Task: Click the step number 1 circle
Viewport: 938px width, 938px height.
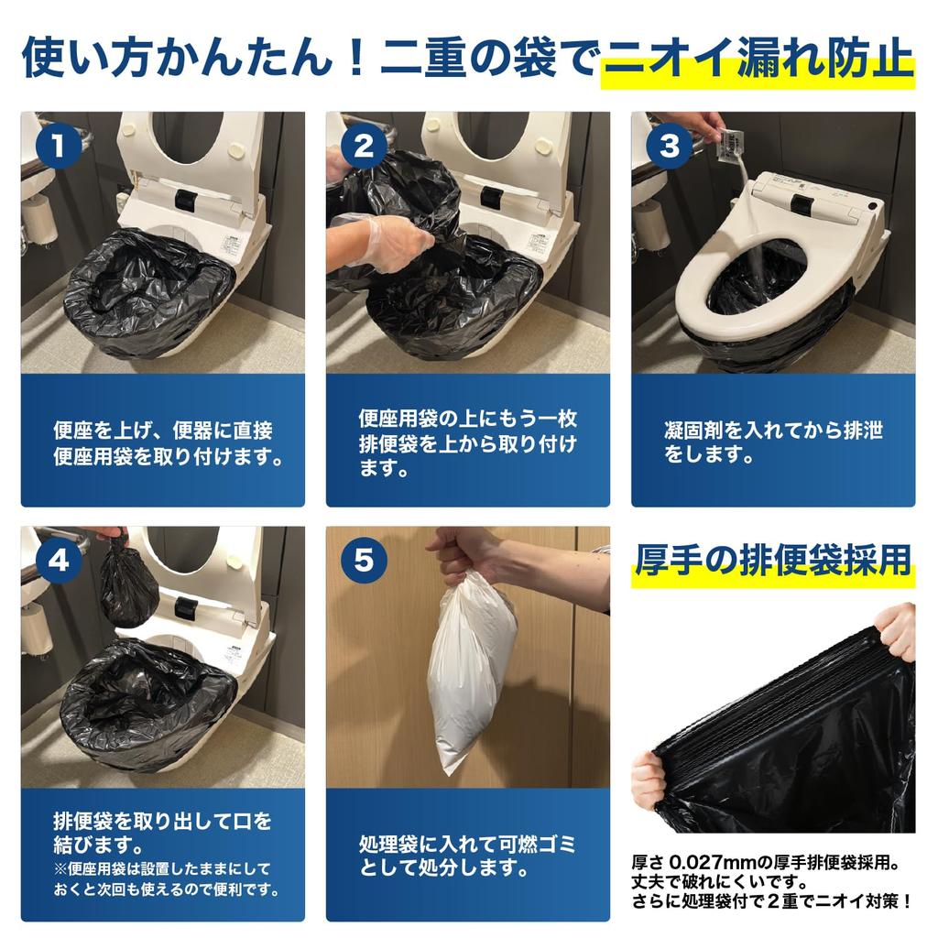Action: (x=58, y=146)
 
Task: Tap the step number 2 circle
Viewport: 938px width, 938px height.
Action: (x=364, y=146)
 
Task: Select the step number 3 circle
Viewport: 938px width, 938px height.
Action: (x=670, y=146)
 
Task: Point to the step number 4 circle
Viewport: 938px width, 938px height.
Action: (x=58, y=561)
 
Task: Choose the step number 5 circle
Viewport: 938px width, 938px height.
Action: (x=364, y=561)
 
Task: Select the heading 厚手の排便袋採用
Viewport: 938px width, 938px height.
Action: (x=772, y=560)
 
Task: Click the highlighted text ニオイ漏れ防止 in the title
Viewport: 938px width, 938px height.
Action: (x=758, y=59)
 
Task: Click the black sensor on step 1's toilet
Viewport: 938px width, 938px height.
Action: (x=187, y=199)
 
